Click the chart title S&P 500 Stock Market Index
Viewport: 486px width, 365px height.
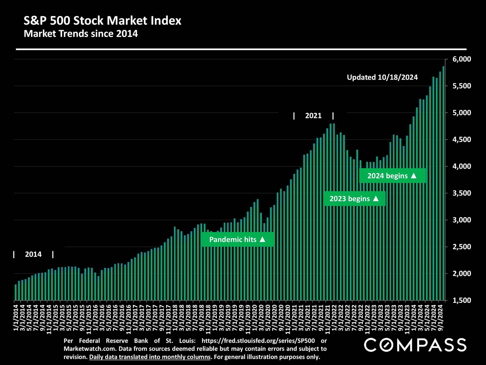[x=102, y=21]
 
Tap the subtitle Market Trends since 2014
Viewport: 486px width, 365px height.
[x=81, y=34]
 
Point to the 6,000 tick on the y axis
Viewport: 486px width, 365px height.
[x=461, y=59]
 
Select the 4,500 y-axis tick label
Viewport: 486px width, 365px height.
[x=461, y=139]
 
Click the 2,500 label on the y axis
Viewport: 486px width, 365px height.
[x=461, y=247]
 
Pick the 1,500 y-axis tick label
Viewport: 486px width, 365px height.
[x=461, y=300]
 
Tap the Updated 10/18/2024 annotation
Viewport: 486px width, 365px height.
[x=382, y=77]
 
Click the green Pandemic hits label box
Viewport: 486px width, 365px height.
[x=237, y=240]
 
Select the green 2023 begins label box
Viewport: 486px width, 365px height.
[x=354, y=199]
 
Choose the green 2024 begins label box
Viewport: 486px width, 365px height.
[x=392, y=176]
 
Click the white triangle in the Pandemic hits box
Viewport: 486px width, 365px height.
[x=262, y=239]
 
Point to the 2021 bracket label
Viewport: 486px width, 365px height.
[x=313, y=116]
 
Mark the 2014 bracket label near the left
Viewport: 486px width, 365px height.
[x=33, y=254]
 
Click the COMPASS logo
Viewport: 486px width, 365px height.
[x=415, y=345]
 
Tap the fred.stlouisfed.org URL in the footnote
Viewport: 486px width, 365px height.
[x=258, y=341]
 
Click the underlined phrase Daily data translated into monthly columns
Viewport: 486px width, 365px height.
[x=150, y=357]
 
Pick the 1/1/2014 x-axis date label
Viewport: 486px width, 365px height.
[x=16, y=318]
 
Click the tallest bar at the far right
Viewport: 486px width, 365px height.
[x=443, y=182]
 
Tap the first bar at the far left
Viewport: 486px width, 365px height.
[x=16, y=292]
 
